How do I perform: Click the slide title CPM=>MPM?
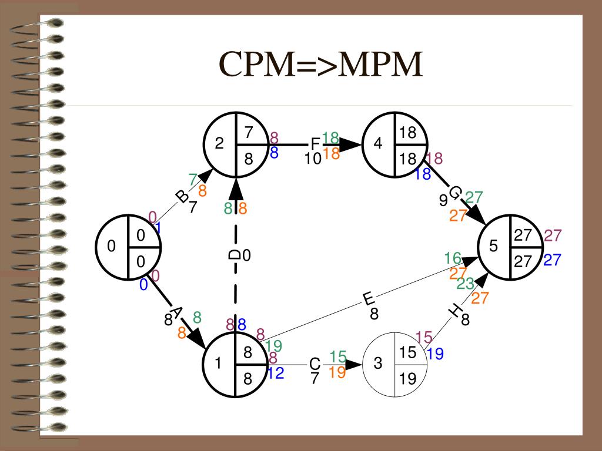(x=320, y=63)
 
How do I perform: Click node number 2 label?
(x=219, y=143)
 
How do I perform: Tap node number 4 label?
(x=378, y=143)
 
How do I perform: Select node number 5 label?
(x=493, y=246)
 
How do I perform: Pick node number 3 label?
(x=378, y=363)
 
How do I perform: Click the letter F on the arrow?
(x=315, y=144)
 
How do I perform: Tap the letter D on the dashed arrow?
(x=234, y=255)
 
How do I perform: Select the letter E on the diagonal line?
(x=368, y=299)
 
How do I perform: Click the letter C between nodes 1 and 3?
(x=315, y=364)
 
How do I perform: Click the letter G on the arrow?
(x=454, y=193)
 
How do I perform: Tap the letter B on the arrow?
(x=182, y=197)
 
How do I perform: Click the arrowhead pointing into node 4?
(x=350, y=144)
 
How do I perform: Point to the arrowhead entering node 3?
(x=353, y=364)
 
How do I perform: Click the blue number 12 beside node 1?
(x=276, y=373)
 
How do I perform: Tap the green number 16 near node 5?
(x=453, y=258)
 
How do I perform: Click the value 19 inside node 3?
(x=408, y=379)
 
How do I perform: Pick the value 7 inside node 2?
(x=249, y=132)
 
